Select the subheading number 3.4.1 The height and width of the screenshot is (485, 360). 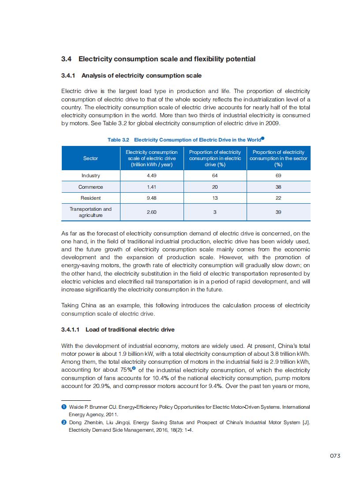69,76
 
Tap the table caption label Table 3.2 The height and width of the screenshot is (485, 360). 118,140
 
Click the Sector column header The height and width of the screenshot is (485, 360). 90,158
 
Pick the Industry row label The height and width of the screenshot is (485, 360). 90,175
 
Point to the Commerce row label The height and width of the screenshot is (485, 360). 90,187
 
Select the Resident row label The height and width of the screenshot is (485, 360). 90,198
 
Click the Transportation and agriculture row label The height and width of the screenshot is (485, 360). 90,212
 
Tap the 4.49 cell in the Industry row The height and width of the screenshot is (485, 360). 151,175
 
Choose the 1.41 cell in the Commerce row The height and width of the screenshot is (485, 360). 151,187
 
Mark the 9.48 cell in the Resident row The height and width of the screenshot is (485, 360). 151,198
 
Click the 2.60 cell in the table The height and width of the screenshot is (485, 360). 151,212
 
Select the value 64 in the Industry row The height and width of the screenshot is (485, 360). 215,175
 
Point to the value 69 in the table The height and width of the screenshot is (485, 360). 278,175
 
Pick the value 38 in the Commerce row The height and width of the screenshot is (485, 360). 278,187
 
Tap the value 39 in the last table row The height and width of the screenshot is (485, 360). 278,212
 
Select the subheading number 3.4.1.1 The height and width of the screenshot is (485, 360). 71,329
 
